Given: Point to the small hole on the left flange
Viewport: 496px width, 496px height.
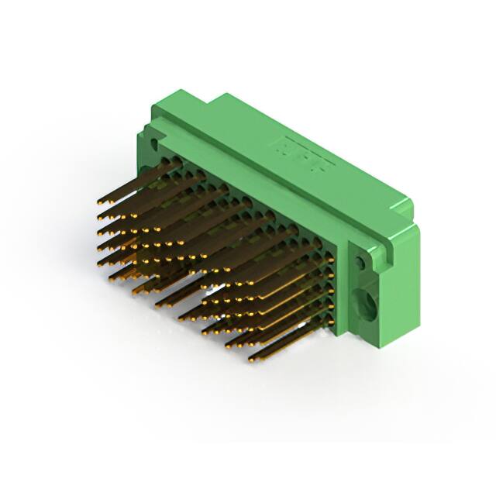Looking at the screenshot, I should [153, 144].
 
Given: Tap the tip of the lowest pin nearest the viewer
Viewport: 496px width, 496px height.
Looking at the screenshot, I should [253, 360].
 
